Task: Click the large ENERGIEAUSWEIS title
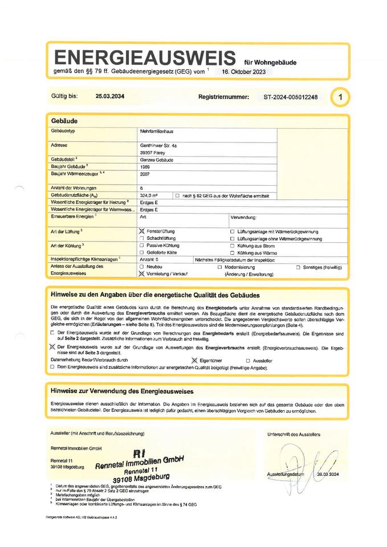[x=145, y=58]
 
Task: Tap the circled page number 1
[x=340, y=97]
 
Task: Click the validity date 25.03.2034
[x=110, y=96]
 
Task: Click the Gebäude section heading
[x=64, y=121]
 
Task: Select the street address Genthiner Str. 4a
[x=158, y=146]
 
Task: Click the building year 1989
[x=145, y=167]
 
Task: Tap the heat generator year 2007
[x=145, y=175]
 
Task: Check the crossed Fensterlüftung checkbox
[x=142, y=231]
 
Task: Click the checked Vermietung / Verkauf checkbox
[x=142, y=273]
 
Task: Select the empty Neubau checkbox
[x=142, y=267]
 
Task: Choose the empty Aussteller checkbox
[x=247, y=361]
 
